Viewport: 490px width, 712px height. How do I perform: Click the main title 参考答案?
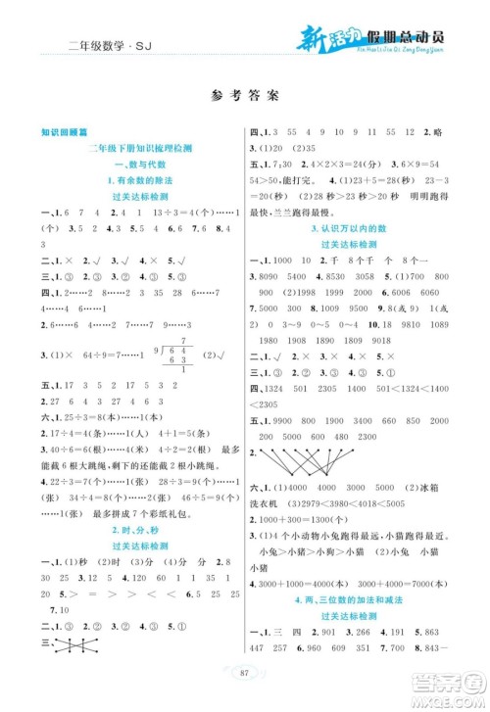coord(244,96)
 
